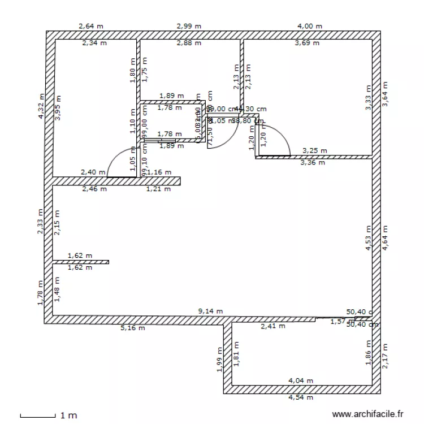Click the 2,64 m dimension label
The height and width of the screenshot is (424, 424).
click(92, 26)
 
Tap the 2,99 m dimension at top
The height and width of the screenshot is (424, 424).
click(189, 26)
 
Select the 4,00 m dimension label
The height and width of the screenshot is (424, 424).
click(309, 26)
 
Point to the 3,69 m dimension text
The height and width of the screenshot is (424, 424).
click(308, 42)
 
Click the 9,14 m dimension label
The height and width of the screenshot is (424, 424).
click(210, 311)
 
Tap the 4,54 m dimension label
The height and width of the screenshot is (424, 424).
click(300, 397)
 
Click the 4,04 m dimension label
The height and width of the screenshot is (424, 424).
click(300, 381)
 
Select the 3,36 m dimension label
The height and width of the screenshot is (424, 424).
click(313, 163)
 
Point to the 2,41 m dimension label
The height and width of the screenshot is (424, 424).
click(272, 326)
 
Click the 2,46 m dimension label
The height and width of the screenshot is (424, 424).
click(94, 189)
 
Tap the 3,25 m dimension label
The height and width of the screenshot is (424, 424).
click(315, 151)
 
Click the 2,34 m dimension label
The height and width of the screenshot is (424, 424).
click(94, 42)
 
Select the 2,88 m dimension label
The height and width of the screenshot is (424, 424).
click(189, 42)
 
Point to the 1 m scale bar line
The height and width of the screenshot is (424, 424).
click(38, 417)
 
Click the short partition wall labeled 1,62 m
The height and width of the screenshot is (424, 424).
click(81, 262)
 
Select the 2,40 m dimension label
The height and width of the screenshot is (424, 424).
click(93, 172)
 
